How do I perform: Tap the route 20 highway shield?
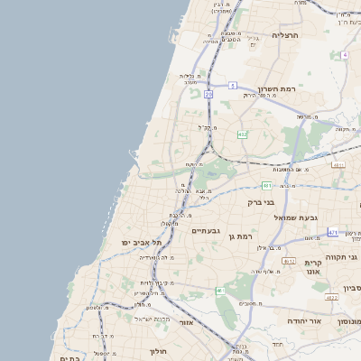(208, 94)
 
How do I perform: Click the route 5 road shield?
(232, 85)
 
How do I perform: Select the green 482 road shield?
(242, 134)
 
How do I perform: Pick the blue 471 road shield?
(333, 233)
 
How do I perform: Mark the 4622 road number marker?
(331, 297)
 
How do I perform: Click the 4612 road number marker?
(289, 261)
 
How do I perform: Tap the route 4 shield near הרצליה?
(345, 54)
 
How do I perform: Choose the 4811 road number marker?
(338, 165)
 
